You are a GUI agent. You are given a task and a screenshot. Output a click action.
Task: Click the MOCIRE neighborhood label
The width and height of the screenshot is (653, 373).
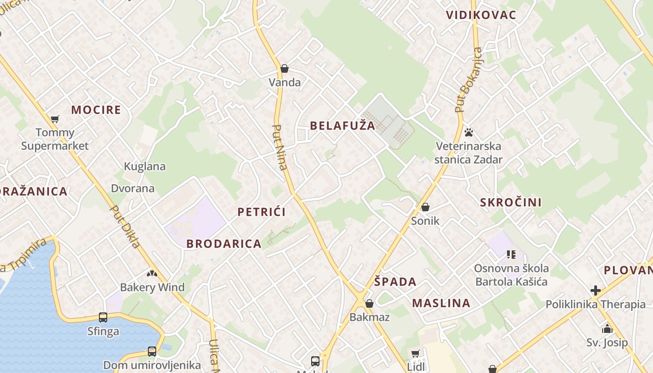pos(96,110)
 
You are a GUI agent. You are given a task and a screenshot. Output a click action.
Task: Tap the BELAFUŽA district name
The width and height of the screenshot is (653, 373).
pos(342,125)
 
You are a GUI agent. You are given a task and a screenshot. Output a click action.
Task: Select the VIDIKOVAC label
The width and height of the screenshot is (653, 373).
pos(481,15)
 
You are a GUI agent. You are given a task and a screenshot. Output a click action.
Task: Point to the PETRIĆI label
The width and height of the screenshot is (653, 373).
pos(262,212)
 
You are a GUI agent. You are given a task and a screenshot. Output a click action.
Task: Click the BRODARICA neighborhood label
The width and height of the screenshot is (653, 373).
pos(224,243)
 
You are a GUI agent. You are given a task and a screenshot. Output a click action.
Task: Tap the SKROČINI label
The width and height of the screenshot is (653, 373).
pos(511,202)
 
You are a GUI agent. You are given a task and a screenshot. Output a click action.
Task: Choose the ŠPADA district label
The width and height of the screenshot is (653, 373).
pos(395,282)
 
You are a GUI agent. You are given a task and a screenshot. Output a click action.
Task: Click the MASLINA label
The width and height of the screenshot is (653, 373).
pos(441,303)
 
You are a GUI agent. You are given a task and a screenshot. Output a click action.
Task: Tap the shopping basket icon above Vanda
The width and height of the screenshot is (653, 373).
pos(285,69)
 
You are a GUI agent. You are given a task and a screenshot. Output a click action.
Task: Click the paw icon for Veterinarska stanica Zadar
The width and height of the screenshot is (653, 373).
pos(469,132)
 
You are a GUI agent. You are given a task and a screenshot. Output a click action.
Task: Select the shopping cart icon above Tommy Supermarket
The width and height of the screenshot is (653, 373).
pos(55,119)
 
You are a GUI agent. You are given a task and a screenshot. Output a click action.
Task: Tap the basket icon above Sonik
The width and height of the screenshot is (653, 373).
pos(425,207)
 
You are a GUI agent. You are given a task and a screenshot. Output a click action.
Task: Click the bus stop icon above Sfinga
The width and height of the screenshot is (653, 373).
pos(103,318)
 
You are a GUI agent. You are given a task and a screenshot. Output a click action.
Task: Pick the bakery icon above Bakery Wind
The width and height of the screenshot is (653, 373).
pos(152,273)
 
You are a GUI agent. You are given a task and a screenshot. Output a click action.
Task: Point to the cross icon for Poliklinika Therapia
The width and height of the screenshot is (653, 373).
pos(596,290)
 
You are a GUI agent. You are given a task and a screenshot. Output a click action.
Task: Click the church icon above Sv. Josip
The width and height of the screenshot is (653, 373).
pos(607,329)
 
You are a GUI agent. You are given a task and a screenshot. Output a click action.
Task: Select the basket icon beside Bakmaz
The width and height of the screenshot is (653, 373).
pos(369,304)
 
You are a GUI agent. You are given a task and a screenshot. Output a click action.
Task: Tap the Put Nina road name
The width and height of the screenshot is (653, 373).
pos(280,147)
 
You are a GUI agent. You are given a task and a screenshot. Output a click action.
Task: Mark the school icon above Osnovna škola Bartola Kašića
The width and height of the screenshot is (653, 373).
pos(511,255)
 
